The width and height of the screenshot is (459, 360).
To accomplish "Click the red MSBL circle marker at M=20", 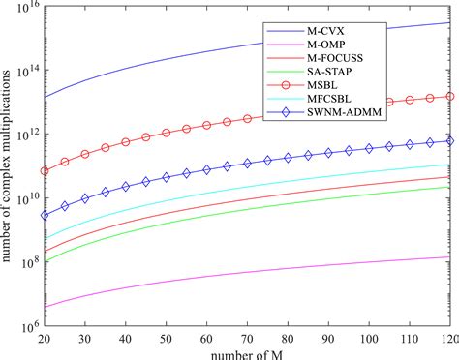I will (45, 171).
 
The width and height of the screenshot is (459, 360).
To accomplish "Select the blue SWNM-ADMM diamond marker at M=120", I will (448, 141).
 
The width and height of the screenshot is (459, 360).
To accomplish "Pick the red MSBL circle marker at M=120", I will (448, 95).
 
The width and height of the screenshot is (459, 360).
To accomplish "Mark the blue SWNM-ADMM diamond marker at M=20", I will (45, 215).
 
